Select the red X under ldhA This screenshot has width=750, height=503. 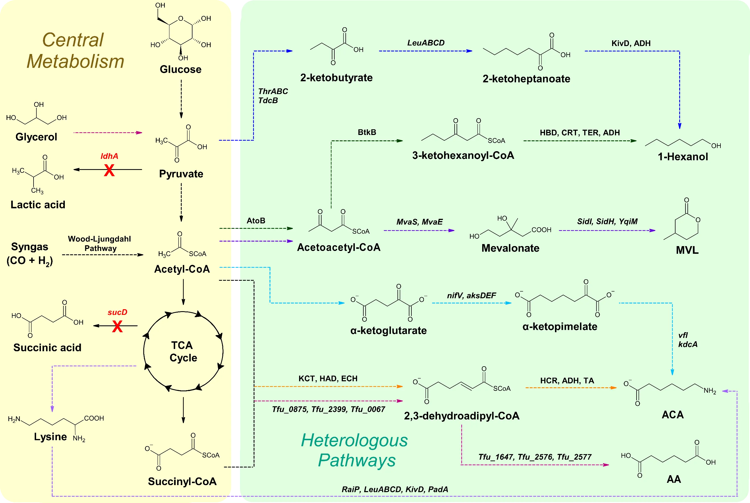tap(109, 170)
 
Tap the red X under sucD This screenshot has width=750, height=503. tap(117, 327)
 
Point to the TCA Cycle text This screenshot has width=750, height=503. tap(183, 351)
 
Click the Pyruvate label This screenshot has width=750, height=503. tap(181, 174)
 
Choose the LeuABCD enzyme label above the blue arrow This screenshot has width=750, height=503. tap(426, 43)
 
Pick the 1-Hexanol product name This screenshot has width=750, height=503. tap(683, 157)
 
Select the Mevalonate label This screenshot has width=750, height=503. tap(510, 248)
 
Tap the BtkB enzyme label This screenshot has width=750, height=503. tap(367, 132)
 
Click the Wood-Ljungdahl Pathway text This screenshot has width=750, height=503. tap(100, 244)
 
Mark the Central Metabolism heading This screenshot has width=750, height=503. tap(75, 50)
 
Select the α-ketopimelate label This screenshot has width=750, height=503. tap(560, 327)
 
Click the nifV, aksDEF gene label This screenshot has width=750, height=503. tap(471, 296)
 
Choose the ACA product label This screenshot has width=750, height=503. tap(673, 415)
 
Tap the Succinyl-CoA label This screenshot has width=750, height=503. tap(182, 481)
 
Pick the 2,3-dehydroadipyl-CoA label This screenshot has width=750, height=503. tap(461, 416)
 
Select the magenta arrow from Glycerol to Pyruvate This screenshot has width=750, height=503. tap(107, 132)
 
